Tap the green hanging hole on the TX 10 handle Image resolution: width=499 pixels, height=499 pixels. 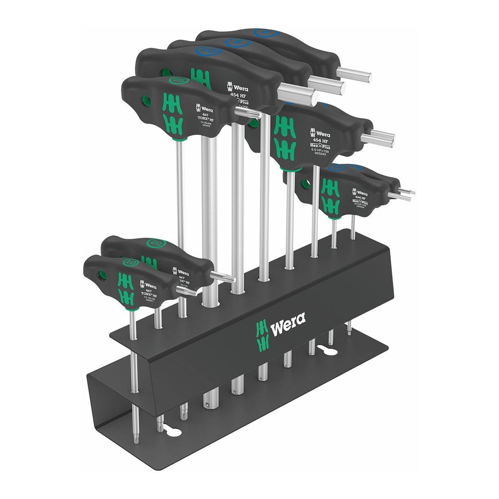tap(102, 276)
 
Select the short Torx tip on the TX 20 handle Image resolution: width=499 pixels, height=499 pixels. tap(223, 277)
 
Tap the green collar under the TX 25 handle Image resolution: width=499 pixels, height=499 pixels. tap(177, 137)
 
